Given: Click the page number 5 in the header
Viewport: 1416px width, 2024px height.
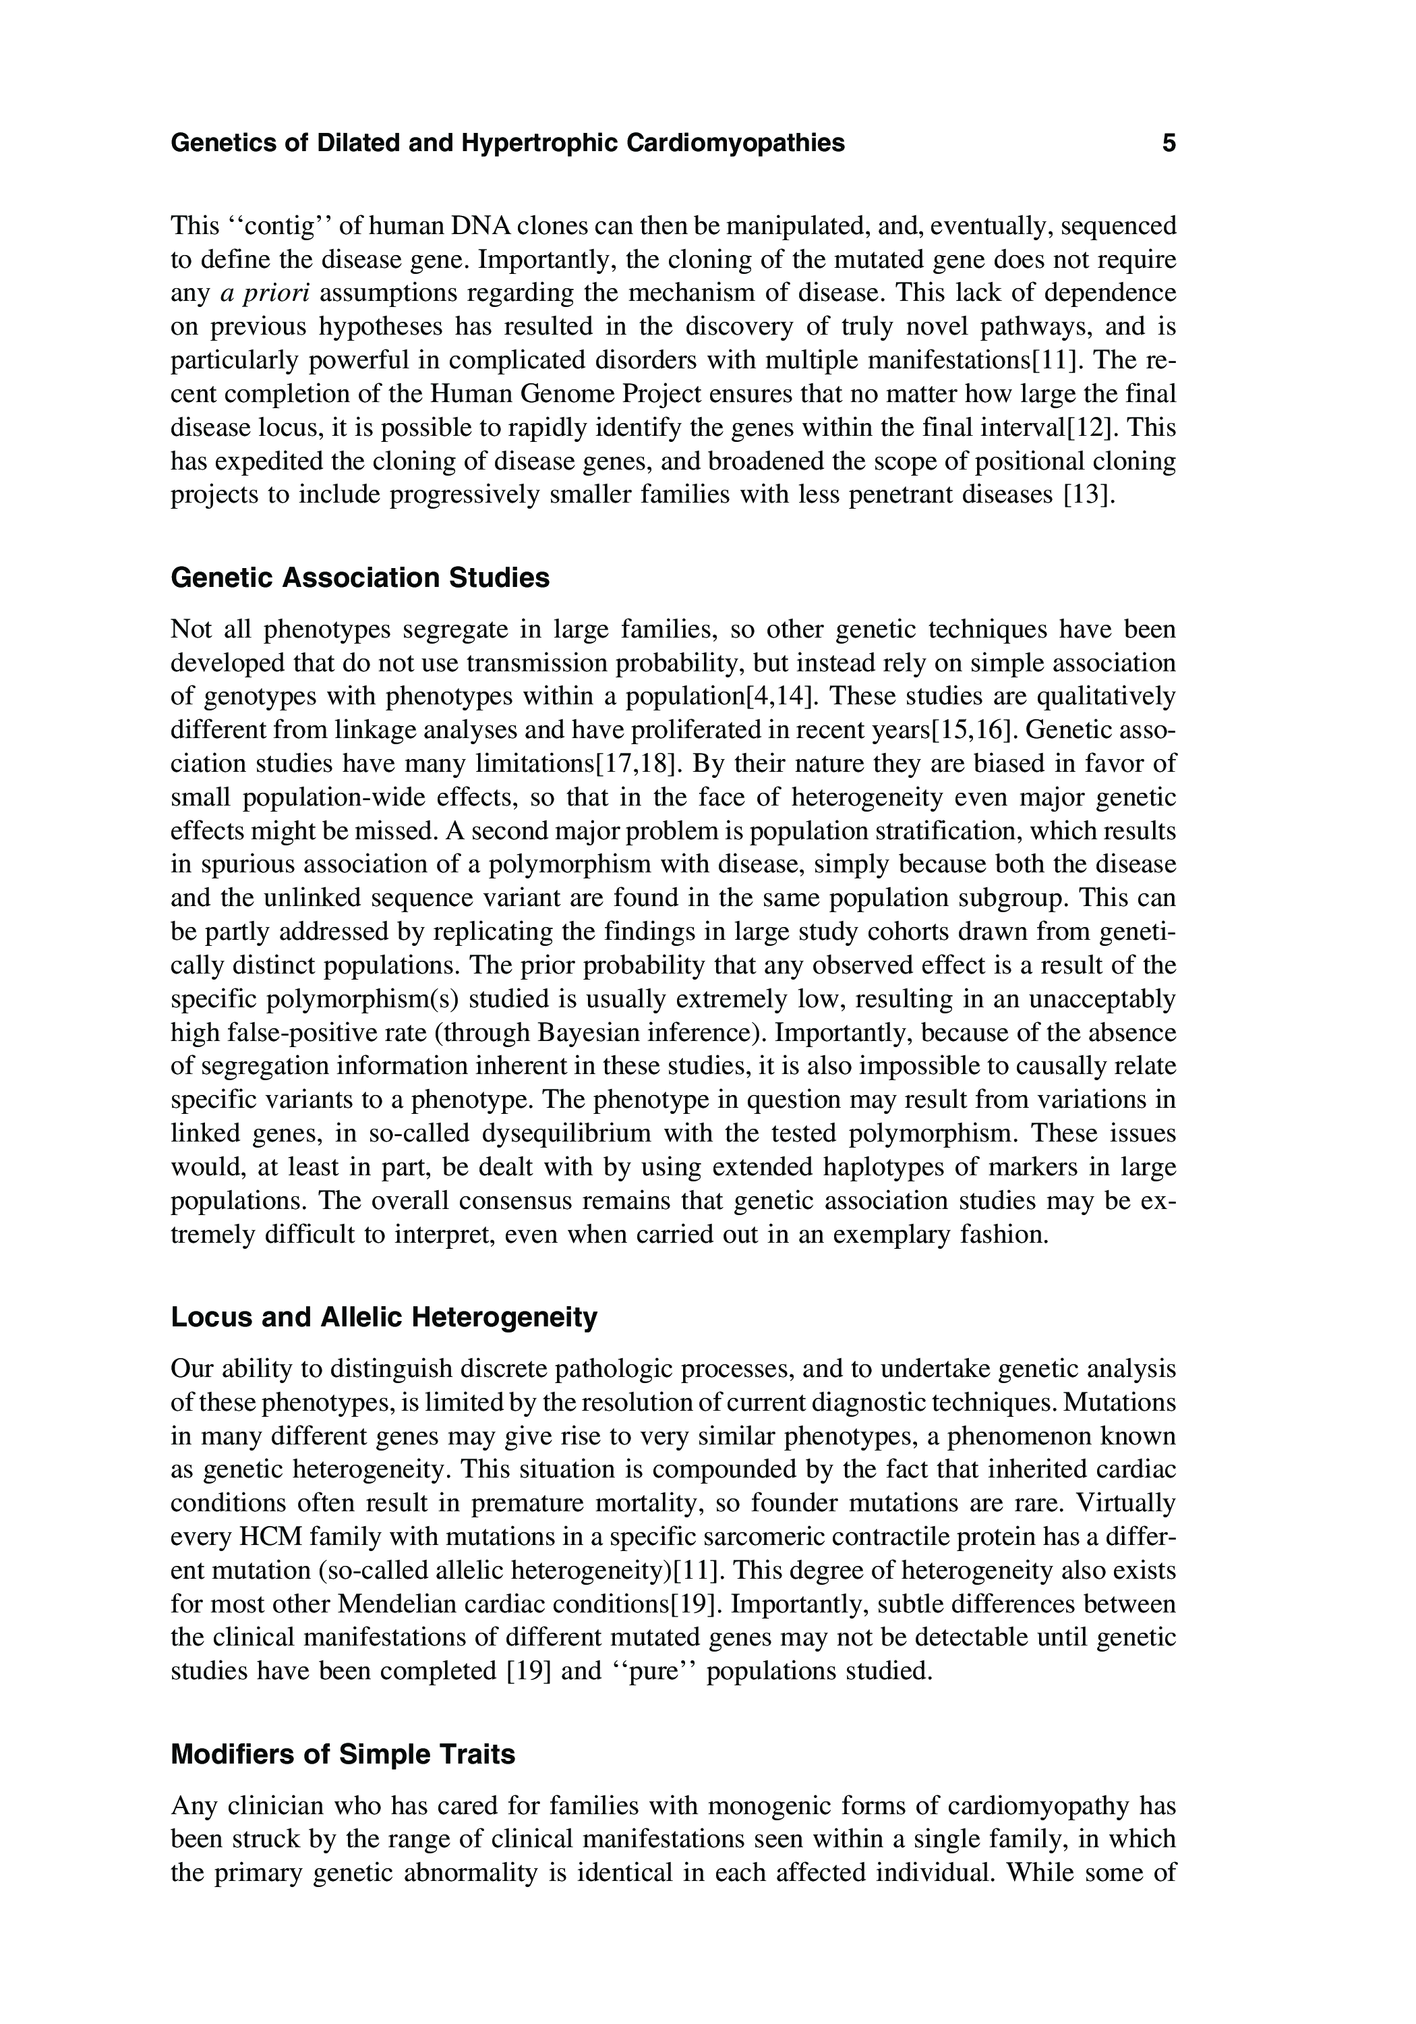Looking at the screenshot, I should coord(1169,143).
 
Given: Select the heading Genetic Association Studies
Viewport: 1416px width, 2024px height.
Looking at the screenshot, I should coord(359,578).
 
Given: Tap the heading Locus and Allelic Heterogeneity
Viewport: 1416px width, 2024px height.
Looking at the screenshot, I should coord(383,1317).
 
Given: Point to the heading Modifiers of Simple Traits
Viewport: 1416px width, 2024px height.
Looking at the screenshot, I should coord(342,1754).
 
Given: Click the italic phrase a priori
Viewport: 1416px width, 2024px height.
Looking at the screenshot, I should coord(258,293).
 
